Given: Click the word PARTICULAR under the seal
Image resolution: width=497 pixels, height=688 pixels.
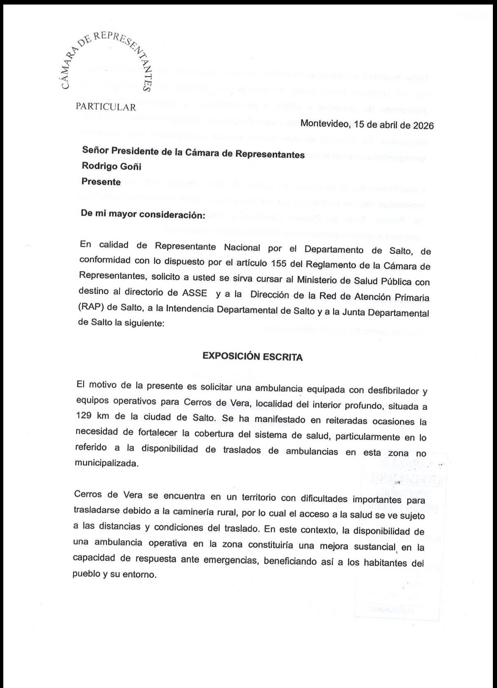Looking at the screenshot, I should coord(106,107).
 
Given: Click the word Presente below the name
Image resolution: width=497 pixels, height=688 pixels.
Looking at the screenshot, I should coord(101,182).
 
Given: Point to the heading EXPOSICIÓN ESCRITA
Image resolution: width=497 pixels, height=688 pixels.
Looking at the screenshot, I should coord(253,357).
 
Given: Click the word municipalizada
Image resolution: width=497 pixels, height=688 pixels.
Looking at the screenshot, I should coord(106,463).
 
